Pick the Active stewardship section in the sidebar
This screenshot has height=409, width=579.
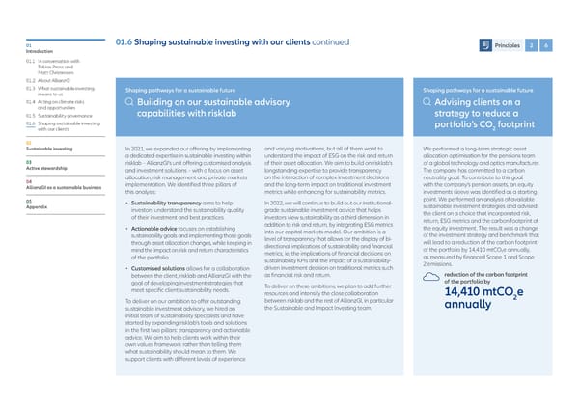click(x=34, y=165)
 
